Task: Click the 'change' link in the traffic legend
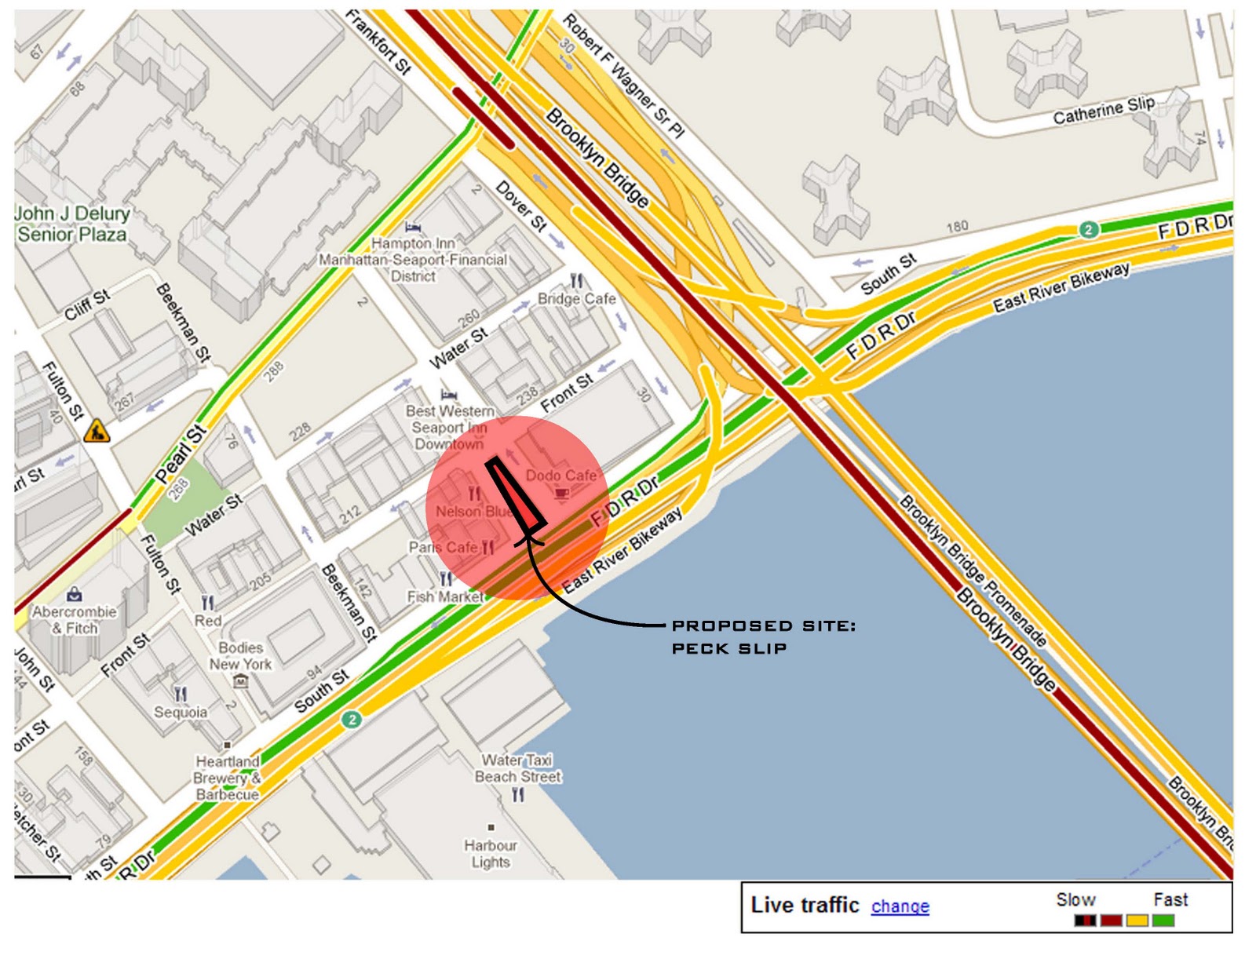pos(900,906)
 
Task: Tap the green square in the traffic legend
pos(1163,920)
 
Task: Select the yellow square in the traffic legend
pos(1137,920)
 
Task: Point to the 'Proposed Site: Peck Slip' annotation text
pos(762,636)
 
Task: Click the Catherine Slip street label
pos(1103,111)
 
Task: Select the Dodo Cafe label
pos(560,475)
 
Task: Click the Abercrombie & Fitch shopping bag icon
pos(74,593)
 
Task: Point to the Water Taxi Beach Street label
pos(517,768)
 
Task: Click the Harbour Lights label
pos(491,854)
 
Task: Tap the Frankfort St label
pos(379,42)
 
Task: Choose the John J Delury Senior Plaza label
pos(72,224)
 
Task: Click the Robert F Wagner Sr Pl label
pos(623,75)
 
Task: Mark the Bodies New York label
pos(240,655)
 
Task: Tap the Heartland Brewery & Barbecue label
pos(228,778)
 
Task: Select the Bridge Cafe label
pos(576,299)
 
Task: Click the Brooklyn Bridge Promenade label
pos(973,570)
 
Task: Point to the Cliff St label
pos(86,305)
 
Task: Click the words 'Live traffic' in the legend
pos(805,905)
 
